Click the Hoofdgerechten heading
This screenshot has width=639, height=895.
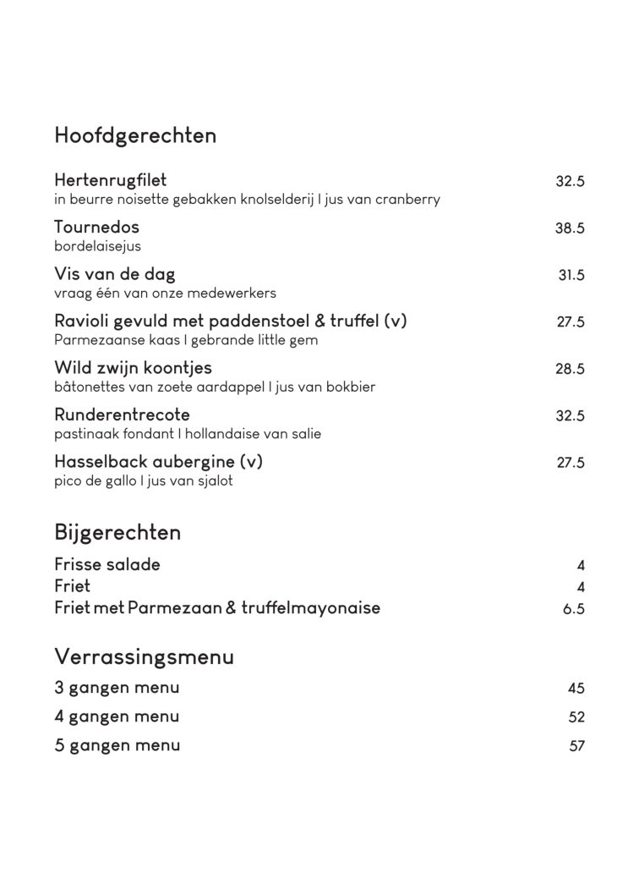pyautogui.click(x=135, y=135)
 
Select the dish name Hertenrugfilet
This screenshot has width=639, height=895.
pyautogui.click(x=110, y=180)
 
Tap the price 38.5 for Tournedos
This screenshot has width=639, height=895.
pyautogui.click(x=570, y=228)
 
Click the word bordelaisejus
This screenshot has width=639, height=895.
pyautogui.click(x=97, y=247)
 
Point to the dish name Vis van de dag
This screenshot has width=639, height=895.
pyautogui.click(x=114, y=274)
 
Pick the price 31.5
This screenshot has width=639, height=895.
pyautogui.click(x=571, y=275)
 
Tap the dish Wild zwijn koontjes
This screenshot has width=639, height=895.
pyautogui.click(x=133, y=368)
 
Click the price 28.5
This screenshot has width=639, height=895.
pyautogui.click(x=570, y=369)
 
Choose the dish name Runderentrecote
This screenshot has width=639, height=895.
pyautogui.click(x=122, y=415)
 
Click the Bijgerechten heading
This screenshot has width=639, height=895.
pyautogui.click(x=117, y=533)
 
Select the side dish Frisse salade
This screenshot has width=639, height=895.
pyautogui.click(x=106, y=564)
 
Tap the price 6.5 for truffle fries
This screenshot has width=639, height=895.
pyautogui.click(x=574, y=609)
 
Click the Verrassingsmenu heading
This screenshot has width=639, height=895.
pyautogui.click(x=144, y=656)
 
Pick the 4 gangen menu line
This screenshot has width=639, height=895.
pyautogui.click(x=117, y=717)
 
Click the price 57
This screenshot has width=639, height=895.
pyautogui.click(x=576, y=746)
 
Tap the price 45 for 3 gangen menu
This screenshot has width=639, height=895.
pyautogui.click(x=576, y=689)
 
